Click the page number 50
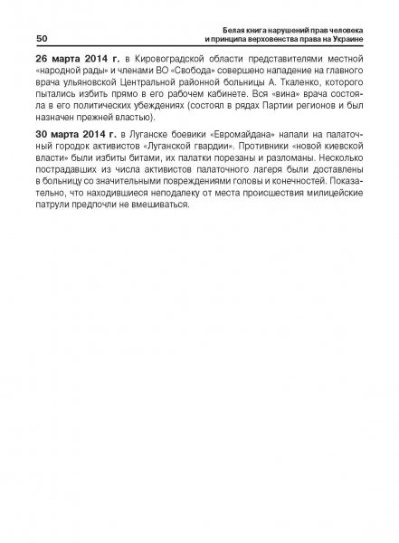point(42,39)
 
